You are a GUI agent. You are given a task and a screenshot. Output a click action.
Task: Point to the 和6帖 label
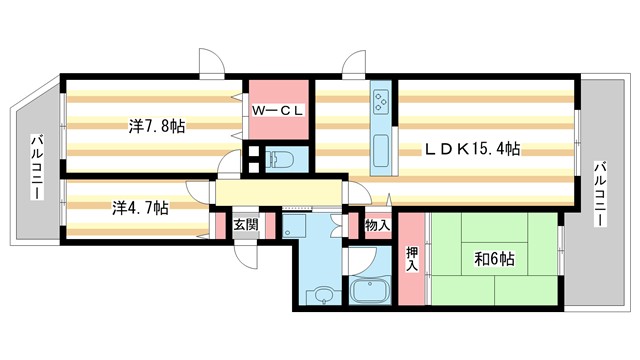coord(494,259)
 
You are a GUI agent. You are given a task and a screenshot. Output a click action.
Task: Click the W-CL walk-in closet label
coord(277,110)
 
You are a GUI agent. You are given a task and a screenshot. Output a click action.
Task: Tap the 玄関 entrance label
coord(247,225)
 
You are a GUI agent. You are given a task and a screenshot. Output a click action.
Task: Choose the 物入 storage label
coord(377,226)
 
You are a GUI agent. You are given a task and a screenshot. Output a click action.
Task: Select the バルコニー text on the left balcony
coord(35,166)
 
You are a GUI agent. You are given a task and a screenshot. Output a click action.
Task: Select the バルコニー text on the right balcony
coord(602,194)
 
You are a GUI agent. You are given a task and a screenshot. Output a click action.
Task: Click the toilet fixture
coord(280,158)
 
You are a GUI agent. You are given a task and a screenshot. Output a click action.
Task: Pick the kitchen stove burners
coord(383,102)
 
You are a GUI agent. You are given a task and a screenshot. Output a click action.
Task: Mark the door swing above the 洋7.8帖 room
coord(211,62)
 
